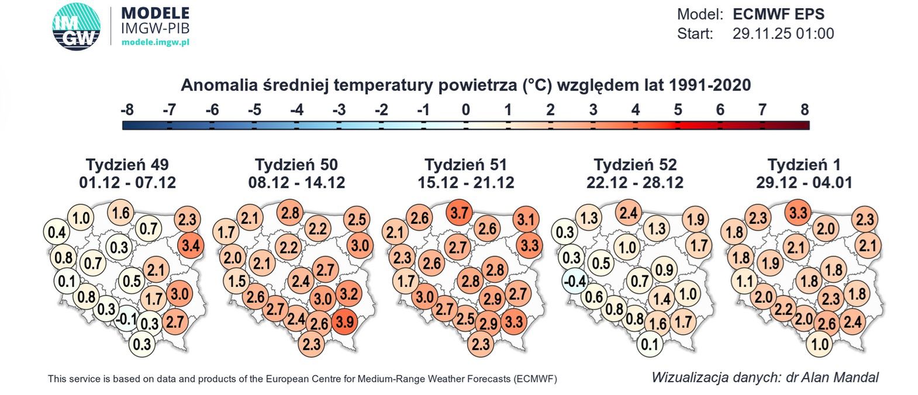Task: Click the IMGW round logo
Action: (76, 27)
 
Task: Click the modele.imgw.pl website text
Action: (155, 42)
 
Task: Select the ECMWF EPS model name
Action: (778, 14)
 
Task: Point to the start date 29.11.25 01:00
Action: (783, 34)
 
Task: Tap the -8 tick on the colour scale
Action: (127, 110)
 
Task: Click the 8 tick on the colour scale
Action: (805, 110)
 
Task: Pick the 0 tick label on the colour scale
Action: (465, 110)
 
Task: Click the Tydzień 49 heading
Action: (127, 164)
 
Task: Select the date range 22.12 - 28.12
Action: (635, 183)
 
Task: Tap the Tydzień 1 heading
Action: (804, 164)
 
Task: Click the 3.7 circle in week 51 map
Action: (460, 213)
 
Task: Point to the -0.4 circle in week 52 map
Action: (575, 281)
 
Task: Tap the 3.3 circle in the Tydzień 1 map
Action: (799, 213)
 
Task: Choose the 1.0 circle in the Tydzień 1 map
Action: (819, 344)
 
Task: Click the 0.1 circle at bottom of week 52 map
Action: (650, 344)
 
